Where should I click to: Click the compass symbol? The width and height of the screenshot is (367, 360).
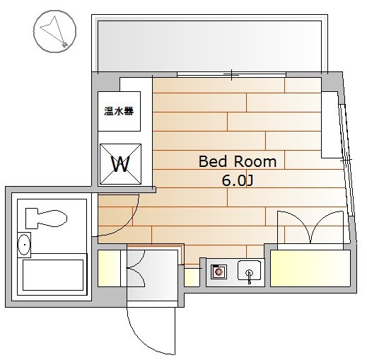(x=54, y=31)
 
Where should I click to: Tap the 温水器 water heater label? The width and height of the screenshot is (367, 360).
(x=119, y=111)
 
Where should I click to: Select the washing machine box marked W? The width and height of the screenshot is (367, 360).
(x=120, y=164)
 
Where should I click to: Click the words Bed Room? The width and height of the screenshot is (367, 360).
(x=238, y=161)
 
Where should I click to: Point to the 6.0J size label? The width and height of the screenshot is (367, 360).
(x=238, y=181)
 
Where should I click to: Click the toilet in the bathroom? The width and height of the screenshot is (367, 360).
(x=46, y=219)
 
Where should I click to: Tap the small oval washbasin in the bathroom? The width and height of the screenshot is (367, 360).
(x=24, y=245)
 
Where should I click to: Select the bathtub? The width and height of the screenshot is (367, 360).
(x=52, y=275)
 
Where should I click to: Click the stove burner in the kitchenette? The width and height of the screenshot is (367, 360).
(x=219, y=272)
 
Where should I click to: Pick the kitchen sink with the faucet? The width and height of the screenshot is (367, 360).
(x=249, y=271)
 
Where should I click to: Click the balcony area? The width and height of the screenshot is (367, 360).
(x=209, y=46)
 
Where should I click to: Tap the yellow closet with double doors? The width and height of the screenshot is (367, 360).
(x=310, y=268)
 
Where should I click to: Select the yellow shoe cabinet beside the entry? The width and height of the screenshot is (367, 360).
(x=109, y=268)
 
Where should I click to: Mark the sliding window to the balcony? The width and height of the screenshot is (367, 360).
(x=231, y=75)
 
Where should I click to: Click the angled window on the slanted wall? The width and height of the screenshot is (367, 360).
(x=346, y=160)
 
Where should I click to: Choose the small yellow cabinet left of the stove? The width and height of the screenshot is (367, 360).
(x=192, y=277)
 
